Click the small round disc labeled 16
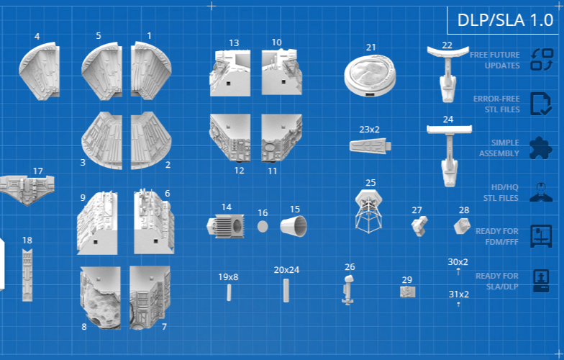pos(263,227)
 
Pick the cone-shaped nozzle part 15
pos(294,227)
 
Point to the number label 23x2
pos(369,130)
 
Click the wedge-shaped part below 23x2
pos(370,146)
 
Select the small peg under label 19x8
pos(229,292)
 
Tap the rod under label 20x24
pos(286,290)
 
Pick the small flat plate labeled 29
pos(407,292)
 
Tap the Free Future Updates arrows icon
pos(540,59)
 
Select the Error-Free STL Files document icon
pos(540,104)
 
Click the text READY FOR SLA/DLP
pos(496,281)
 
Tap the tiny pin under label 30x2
pos(458,272)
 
